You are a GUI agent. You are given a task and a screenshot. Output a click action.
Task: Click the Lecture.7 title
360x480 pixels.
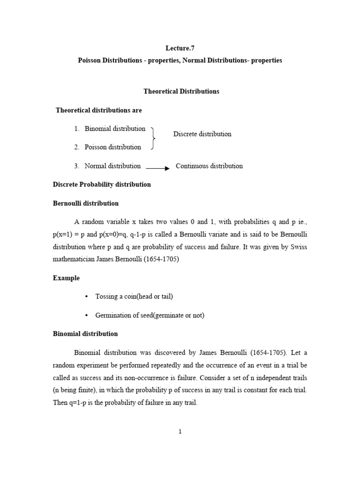tap(180, 48)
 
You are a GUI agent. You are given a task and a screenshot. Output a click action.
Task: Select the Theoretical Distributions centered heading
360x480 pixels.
tap(180, 91)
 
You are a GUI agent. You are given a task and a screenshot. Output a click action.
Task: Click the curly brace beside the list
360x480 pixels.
tap(153, 138)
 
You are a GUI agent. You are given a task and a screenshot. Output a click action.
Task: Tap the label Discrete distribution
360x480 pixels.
tap(202, 134)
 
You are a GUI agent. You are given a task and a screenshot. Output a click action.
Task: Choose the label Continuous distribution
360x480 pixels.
tap(209, 166)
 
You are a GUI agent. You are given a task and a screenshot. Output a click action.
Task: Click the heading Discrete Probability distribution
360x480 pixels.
tap(101, 184)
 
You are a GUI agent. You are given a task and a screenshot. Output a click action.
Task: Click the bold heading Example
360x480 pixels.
tap(66, 278)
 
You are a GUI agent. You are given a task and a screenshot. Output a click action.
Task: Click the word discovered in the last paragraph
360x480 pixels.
tap(177, 352)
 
